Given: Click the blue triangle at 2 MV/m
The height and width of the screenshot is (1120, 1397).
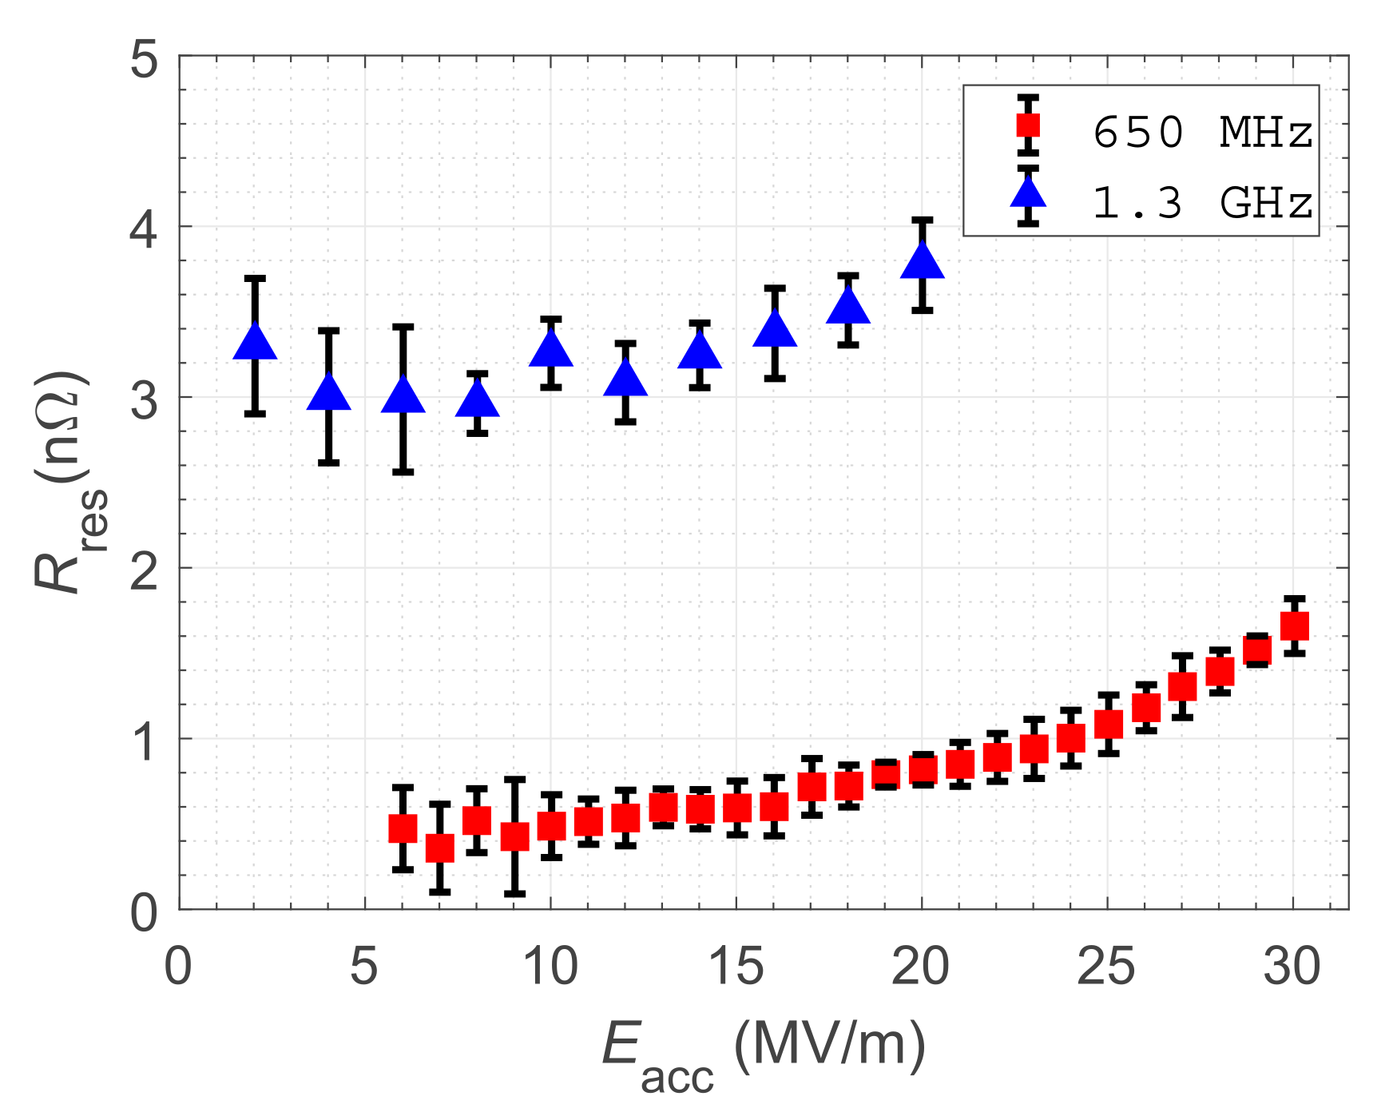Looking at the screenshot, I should pos(255,344).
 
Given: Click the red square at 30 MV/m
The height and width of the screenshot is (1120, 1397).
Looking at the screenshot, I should pos(1294,626).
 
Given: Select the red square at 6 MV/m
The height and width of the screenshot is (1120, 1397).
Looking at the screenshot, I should pos(403,828).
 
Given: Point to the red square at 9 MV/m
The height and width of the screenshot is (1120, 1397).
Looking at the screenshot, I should pos(515,836).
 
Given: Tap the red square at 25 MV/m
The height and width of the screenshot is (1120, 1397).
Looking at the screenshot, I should pos(1108,725).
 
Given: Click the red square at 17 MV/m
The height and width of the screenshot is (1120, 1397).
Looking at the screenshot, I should pos(812,787).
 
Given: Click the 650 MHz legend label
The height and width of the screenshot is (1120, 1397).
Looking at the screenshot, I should pos(1202,132).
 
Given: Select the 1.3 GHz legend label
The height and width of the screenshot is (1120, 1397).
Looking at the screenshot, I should pos(1202,203).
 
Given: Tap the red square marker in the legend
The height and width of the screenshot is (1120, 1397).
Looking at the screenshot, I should pos(1028,125).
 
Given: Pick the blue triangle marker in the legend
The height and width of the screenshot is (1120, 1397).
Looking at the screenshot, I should pos(1028,195).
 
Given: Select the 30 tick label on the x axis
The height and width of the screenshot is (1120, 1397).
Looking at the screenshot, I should pos(1292,967).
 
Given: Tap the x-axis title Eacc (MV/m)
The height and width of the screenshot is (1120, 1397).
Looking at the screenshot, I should pos(763,1053).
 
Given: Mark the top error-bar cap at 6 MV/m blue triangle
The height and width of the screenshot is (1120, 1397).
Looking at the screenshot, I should pos(403,327).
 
